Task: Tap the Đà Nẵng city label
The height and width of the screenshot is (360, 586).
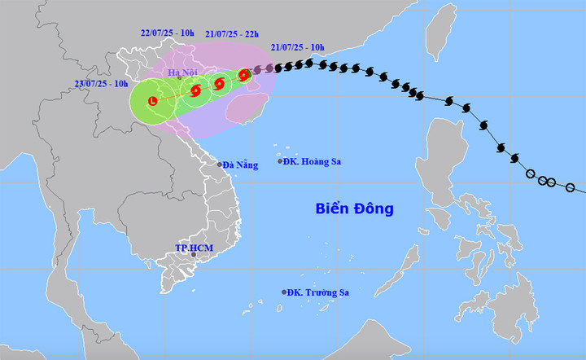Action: pyautogui.click(x=242, y=165)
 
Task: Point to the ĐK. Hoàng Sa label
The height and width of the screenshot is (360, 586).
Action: pyautogui.click(x=313, y=161)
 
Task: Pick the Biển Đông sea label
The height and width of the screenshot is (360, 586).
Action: pyautogui.click(x=354, y=209)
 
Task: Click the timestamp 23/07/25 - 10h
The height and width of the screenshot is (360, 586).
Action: pyautogui.click(x=101, y=83)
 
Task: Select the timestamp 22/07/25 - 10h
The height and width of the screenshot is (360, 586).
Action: pyautogui.click(x=167, y=33)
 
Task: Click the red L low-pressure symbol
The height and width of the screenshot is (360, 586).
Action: pyautogui.click(x=152, y=101)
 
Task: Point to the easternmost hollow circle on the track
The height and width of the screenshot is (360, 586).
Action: pyautogui.click(x=571, y=188)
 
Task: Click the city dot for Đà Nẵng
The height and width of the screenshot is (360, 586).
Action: pyautogui.click(x=219, y=165)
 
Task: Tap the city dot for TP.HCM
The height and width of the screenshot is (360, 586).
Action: pyautogui.click(x=194, y=255)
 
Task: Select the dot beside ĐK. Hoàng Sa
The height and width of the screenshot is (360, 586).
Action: pyautogui.click(x=281, y=161)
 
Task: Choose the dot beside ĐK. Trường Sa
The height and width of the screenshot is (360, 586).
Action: pyautogui.click(x=284, y=292)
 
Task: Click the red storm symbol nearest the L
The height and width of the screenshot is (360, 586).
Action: pyautogui.click(x=195, y=90)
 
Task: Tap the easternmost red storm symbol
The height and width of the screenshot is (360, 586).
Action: pyautogui.click(x=243, y=76)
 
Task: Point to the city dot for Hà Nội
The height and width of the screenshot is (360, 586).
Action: pyautogui.click(x=179, y=79)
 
